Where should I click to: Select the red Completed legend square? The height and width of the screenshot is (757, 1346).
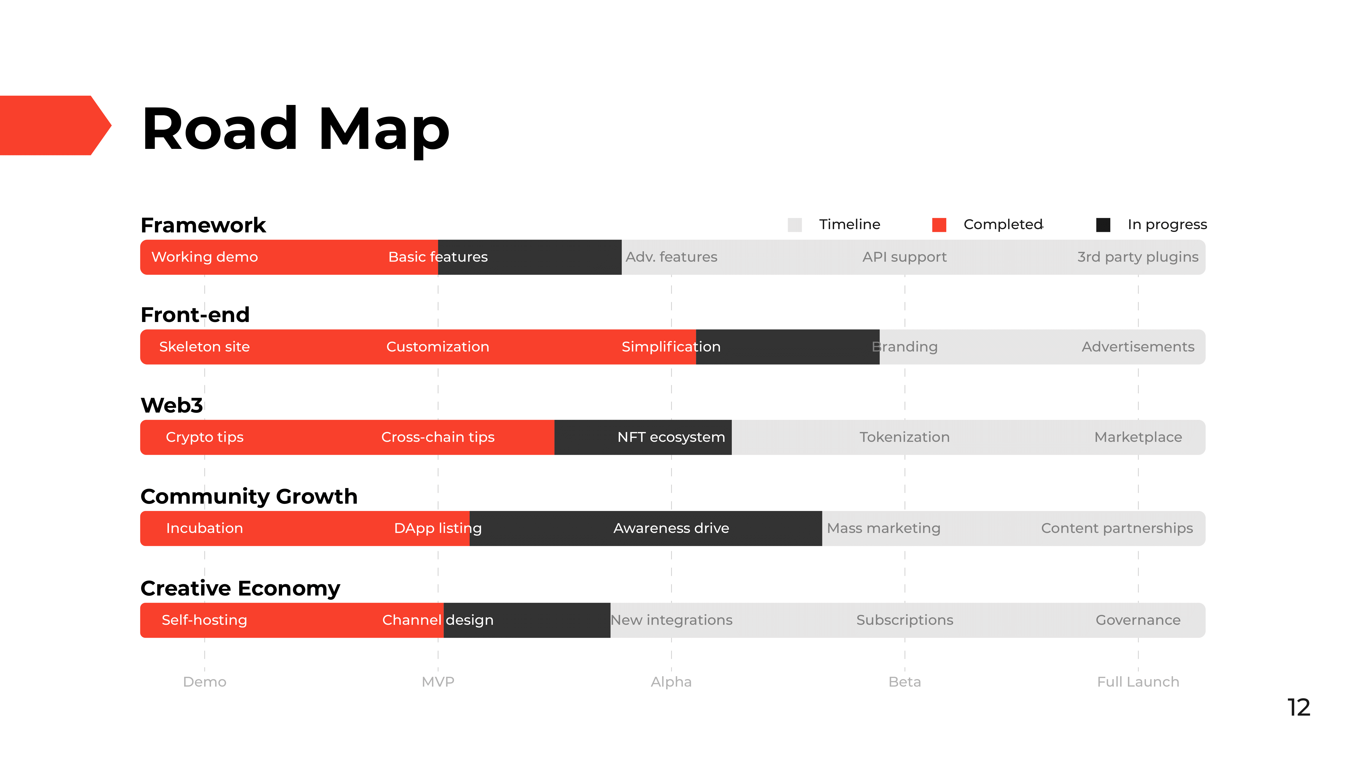pos(939,225)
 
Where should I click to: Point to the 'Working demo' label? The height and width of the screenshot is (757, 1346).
pos(204,257)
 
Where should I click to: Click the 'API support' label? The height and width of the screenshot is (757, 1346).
pos(904,257)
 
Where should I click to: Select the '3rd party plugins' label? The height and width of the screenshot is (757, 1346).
pos(1138,257)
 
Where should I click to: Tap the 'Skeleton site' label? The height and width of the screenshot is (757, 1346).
pos(204,347)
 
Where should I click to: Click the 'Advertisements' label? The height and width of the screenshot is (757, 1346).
pos(1138,347)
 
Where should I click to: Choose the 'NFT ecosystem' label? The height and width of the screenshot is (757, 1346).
pos(671,437)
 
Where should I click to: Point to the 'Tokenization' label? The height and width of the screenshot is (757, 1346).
pos(904,437)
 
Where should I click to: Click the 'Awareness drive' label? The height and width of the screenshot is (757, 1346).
pos(671,528)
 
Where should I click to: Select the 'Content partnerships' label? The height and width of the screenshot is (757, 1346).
pos(1117,528)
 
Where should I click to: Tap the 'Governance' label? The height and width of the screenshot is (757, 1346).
pos(1138,620)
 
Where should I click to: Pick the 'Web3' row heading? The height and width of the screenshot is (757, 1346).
pos(172,405)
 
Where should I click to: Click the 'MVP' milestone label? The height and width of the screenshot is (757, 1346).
pos(438,682)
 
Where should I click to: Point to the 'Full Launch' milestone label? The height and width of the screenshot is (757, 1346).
pos(1138,682)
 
